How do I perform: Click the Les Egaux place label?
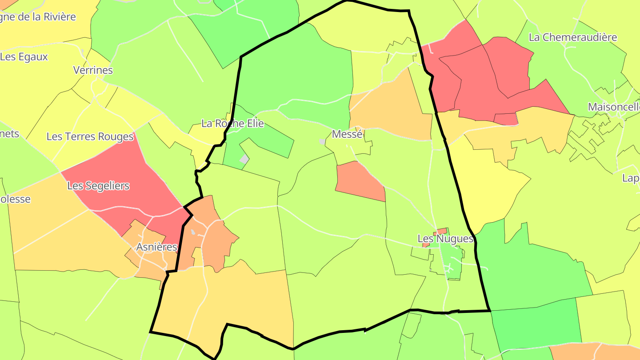pos(24,57)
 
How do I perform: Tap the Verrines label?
pos(93,70)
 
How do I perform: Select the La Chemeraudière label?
pos(573,37)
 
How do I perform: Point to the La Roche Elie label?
pos(232,124)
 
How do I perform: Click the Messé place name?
pos(348,134)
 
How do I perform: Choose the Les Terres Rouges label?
pos(90,136)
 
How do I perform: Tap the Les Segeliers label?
pos(98,186)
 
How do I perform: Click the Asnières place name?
pos(157,247)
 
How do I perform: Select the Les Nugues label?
pos(445,239)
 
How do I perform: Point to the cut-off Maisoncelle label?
pos(614,107)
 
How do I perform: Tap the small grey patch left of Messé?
pos(322,141)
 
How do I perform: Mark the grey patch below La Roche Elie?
pos(244,159)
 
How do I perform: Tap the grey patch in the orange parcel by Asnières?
pos(193,232)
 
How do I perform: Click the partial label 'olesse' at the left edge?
pos(16,199)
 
